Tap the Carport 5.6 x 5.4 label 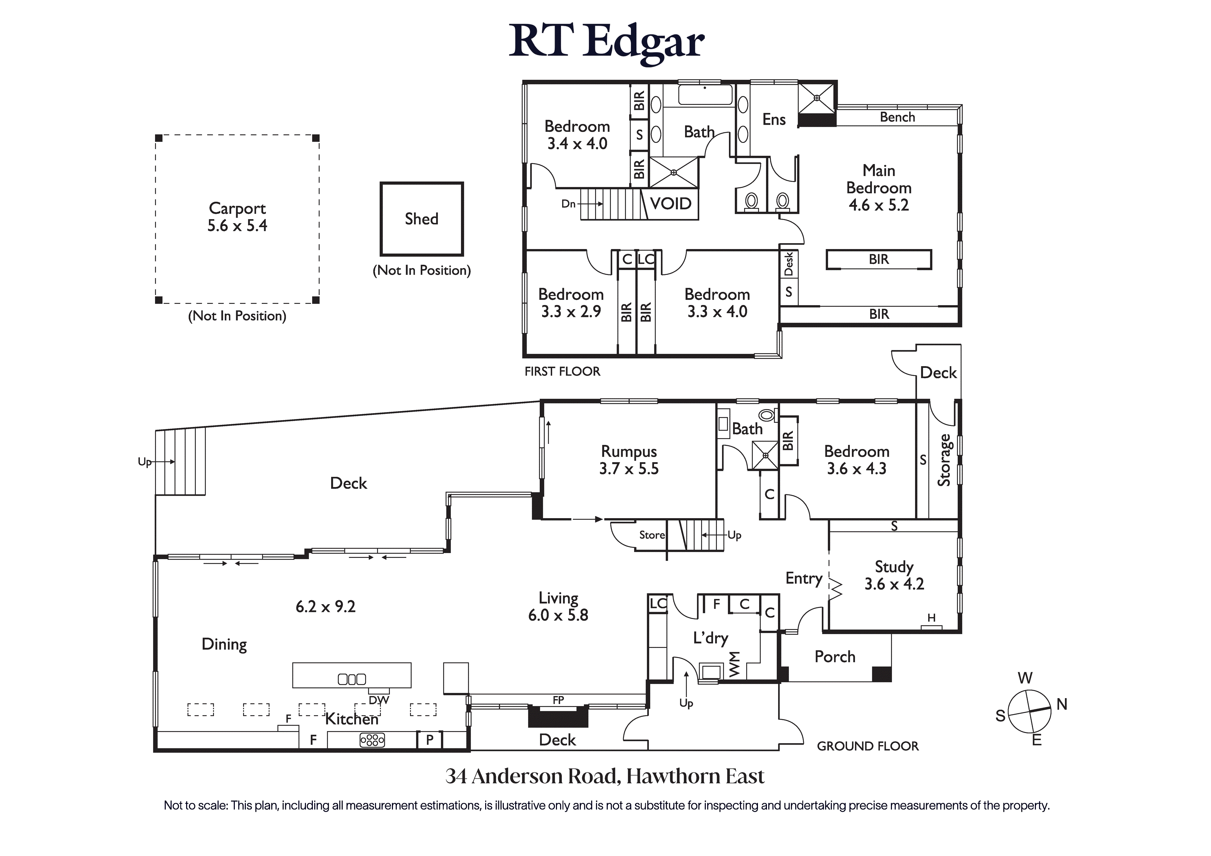coord(237,217)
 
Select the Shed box coord(421,218)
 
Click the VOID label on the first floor coord(670,204)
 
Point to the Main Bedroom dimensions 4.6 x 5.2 coord(879,205)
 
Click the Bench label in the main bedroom coord(897,117)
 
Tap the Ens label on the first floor coord(774,120)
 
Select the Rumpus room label coord(629,452)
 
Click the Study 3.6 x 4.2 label coord(894,575)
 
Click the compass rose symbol coord(1029,711)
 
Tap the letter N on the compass coord(1062,704)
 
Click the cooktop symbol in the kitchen coord(372,740)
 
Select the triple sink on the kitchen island coord(352,679)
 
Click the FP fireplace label coord(558,700)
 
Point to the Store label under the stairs coord(652,535)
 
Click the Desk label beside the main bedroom coord(789,264)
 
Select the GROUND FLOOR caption coord(868,746)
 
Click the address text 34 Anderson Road coord(604,776)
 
